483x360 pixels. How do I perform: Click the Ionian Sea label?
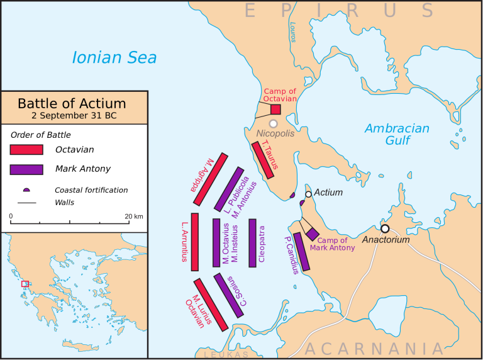click(114, 58)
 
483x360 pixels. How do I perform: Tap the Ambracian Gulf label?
click(397, 134)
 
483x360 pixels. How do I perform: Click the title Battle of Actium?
click(72, 103)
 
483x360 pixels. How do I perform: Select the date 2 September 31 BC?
click(73, 116)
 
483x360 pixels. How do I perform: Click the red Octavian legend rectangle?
click(26, 150)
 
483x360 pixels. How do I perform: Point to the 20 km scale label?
click(134, 216)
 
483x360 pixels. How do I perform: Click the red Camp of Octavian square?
click(275, 109)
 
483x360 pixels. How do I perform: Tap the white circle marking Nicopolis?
click(274, 124)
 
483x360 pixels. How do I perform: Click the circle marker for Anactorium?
click(385, 228)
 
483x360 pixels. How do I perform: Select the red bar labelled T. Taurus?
click(263, 160)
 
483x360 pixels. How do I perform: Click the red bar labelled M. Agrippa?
click(210, 178)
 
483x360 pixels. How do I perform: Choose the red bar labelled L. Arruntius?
click(195, 242)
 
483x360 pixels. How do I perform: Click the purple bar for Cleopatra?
click(253, 242)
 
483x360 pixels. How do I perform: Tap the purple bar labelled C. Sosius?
click(228, 295)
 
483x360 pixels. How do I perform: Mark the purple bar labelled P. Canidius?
click(302, 252)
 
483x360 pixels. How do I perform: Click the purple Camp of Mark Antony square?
click(313, 234)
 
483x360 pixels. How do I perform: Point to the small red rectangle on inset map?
click(25, 284)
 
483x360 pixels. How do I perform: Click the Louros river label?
click(292, 35)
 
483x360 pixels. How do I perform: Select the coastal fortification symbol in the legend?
click(26, 189)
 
